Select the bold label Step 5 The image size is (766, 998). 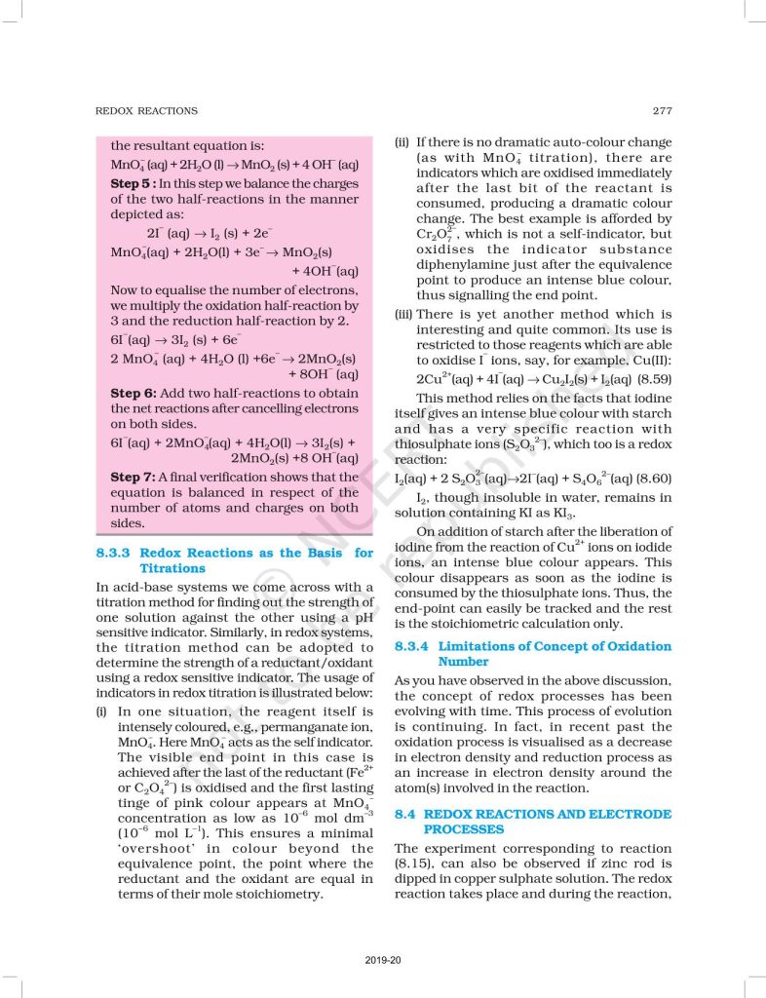(132, 183)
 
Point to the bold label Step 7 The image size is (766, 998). (132, 477)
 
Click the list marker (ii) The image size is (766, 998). (402, 142)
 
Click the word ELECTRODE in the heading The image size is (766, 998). (626, 814)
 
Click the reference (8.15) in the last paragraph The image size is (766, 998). (417, 864)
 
